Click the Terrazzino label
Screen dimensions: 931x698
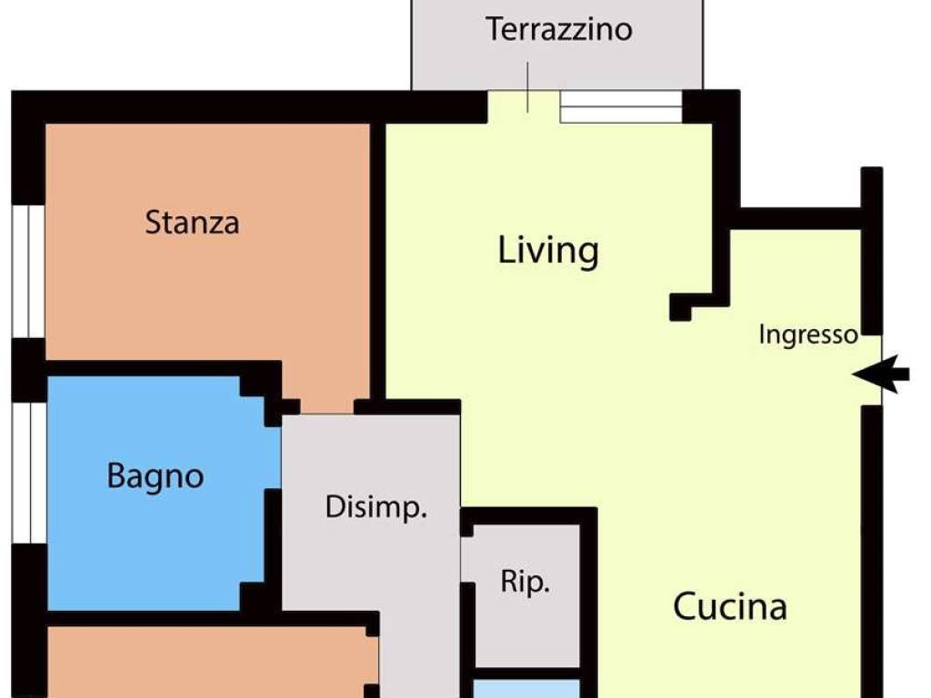tap(559, 30)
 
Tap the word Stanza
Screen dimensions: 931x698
tap(193, 223)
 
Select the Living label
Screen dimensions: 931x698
tap(548, 252)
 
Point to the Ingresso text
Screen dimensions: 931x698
tap(808, 335)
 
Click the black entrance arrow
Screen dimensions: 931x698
tap(880, 374)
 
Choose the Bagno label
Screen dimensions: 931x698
tap(155, 477)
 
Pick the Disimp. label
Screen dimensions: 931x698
tap(376, 508)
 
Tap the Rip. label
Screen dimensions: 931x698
tap(525, 583)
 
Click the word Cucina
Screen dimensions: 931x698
tap(730, 606)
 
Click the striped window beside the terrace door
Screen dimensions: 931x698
tap(621, 107)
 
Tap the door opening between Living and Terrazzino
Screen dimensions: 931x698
tap(524, 107)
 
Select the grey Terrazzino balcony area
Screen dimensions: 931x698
tap(557, 45)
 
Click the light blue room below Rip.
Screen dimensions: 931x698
tap(526, 689)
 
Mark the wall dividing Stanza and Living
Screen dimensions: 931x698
tap(377, 261)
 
